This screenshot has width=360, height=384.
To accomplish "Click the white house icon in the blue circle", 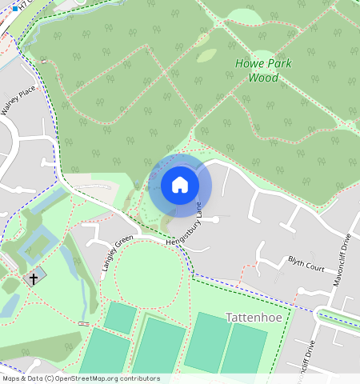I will (x=180, y=185).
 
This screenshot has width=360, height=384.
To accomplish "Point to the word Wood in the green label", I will (x=263, y=78).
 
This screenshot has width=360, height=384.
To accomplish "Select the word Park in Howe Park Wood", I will (x=278, y=64).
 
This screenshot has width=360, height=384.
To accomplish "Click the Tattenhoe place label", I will (x=254, y=317).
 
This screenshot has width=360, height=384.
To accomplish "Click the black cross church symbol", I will (x=34, y=278).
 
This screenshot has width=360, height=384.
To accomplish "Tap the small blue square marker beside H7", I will (x=14, y=9).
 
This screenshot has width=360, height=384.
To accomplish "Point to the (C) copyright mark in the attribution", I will (x=50, y=378).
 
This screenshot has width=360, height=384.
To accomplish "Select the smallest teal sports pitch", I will (x=120, y=318).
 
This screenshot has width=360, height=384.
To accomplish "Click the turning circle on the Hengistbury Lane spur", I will (x=215, y=218).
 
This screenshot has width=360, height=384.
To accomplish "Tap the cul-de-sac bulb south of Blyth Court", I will (x=302, y=289).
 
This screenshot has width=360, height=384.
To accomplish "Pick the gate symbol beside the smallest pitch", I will (x=83, y=322).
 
